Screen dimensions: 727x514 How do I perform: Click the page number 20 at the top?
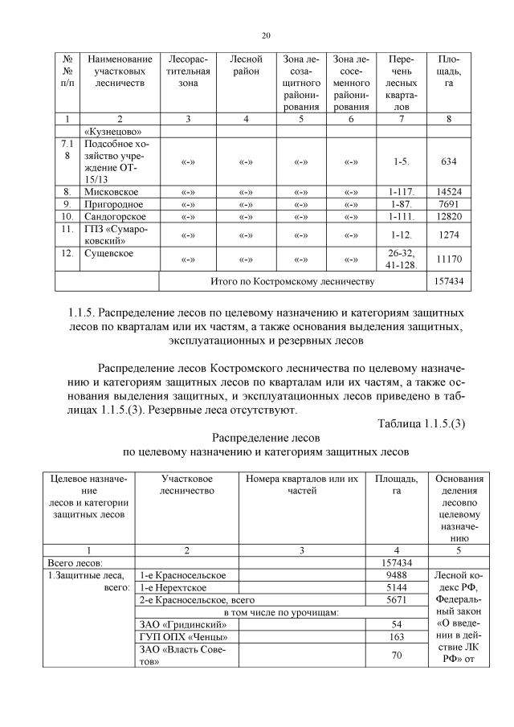(266, 35)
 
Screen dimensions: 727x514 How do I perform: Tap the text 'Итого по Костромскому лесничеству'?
(292, 282)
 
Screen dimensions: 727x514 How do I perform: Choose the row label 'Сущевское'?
(108, 254)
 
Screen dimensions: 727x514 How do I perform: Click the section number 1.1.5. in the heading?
(87, 310)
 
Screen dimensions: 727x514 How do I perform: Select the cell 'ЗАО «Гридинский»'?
(177, 624)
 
